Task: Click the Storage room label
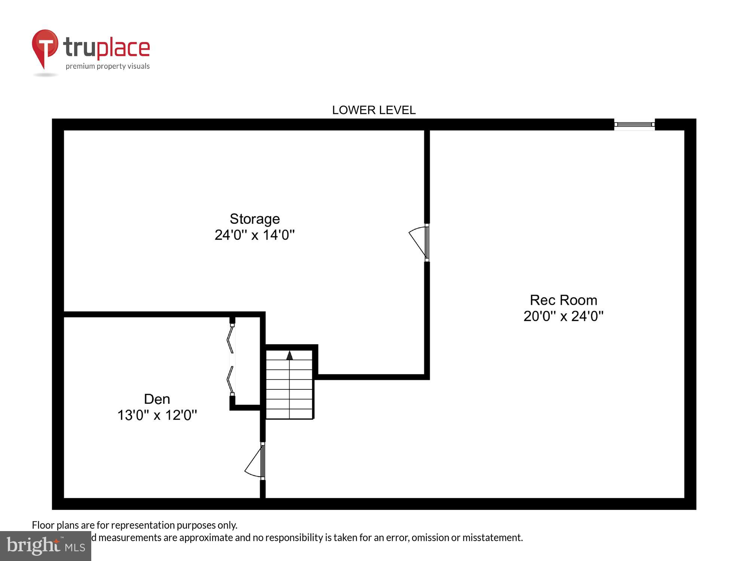(x=254, y=219)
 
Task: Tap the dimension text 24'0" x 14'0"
(x=254, y=235)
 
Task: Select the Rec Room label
(x=563, y=300)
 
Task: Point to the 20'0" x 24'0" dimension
(x=563, y=316)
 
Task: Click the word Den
(x=157, y=399)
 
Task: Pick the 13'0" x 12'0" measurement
(x=157, y=415)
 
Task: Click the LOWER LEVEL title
(x=374, y=110)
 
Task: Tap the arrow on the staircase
(x=289, y=355)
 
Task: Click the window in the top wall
(x=634, y=125)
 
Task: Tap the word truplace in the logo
(x=107, y=48)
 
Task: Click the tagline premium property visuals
(x=108, y=67)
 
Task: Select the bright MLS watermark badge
(x=45, y=546)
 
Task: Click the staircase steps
(x=289, y=389)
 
